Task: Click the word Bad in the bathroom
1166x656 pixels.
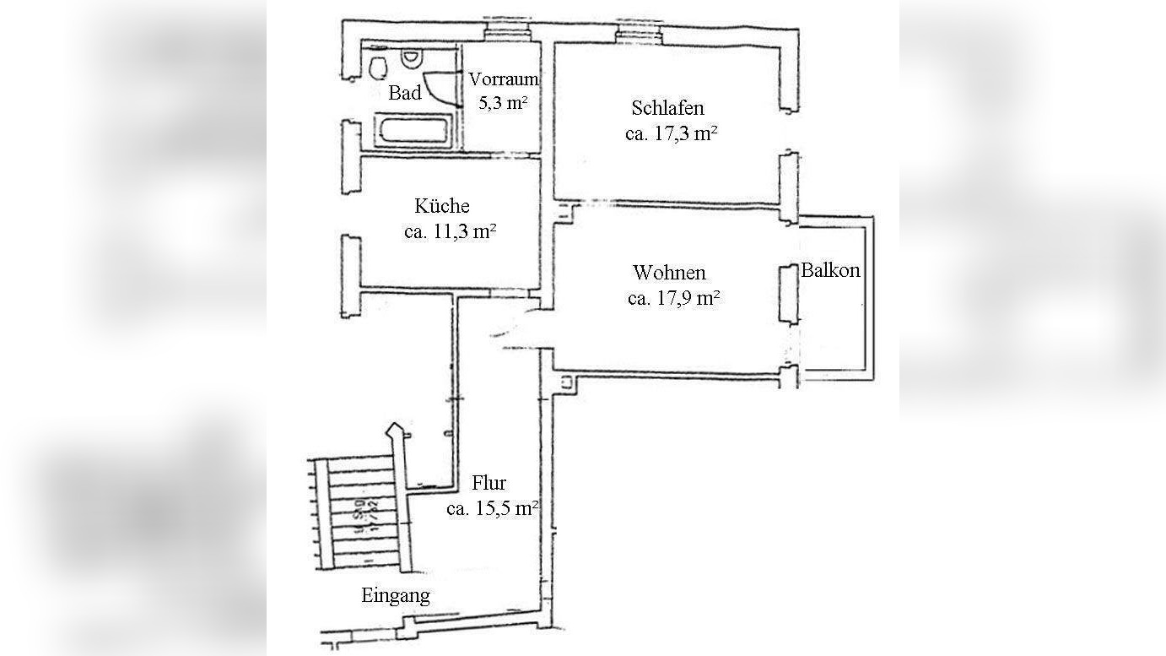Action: (404, 93)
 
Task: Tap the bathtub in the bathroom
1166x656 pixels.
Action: (415, 133)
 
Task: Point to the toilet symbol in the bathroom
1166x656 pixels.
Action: (377, 67)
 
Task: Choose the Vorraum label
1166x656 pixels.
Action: (503, 79)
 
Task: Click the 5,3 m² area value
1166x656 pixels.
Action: (503, 103)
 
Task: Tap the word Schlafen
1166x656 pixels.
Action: (667, 108)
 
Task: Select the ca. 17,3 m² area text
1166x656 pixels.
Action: (671, 133)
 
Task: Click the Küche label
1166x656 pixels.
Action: (441, 206)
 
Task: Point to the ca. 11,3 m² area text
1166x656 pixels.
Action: (449, 231)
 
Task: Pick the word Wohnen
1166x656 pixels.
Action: (669, 273)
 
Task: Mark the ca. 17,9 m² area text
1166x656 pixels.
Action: (673, 298)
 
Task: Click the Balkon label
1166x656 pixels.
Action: (830, 270)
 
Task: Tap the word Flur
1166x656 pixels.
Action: (489, 483)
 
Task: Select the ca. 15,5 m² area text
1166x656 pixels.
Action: (493, 508)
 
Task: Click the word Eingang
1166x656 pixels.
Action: (395, 595)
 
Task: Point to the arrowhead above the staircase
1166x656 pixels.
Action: (393, 430)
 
